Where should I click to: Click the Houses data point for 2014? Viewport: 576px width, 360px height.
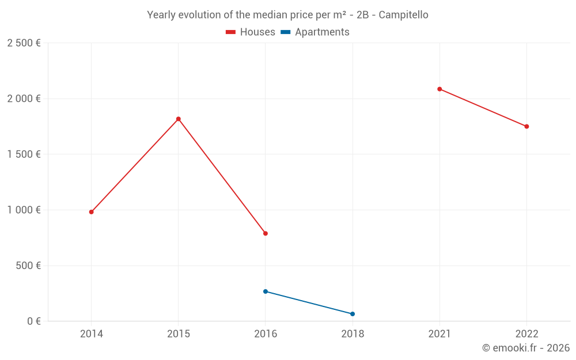coord(91,212)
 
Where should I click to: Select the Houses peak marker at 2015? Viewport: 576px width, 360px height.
coord(178,119)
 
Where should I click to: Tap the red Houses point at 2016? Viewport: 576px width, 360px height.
coord(266,233)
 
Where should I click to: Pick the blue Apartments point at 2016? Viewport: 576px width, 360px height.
coord(266,291)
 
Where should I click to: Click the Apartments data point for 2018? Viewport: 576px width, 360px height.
coord(353,314)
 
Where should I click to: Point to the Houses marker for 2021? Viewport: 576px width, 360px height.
coord(439,89)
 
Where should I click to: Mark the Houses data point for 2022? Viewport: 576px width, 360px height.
coord(526,127)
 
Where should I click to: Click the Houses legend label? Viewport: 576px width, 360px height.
coord(257,32)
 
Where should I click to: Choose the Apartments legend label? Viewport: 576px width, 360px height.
coord(322,32)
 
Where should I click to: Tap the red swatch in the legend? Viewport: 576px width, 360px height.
coord(231,32)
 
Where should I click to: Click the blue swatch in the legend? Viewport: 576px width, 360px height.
coord(285,32)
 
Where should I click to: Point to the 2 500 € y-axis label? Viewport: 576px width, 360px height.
coord(24,43)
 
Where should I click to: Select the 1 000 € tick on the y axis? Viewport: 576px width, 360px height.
coord(24,210)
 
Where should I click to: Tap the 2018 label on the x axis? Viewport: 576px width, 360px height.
coord(353,334)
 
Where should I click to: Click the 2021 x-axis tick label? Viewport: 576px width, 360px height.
coord(439,334)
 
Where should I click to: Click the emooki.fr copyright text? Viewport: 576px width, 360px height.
coord(525,348)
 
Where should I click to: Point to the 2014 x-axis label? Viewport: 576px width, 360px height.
coord(91,334)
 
